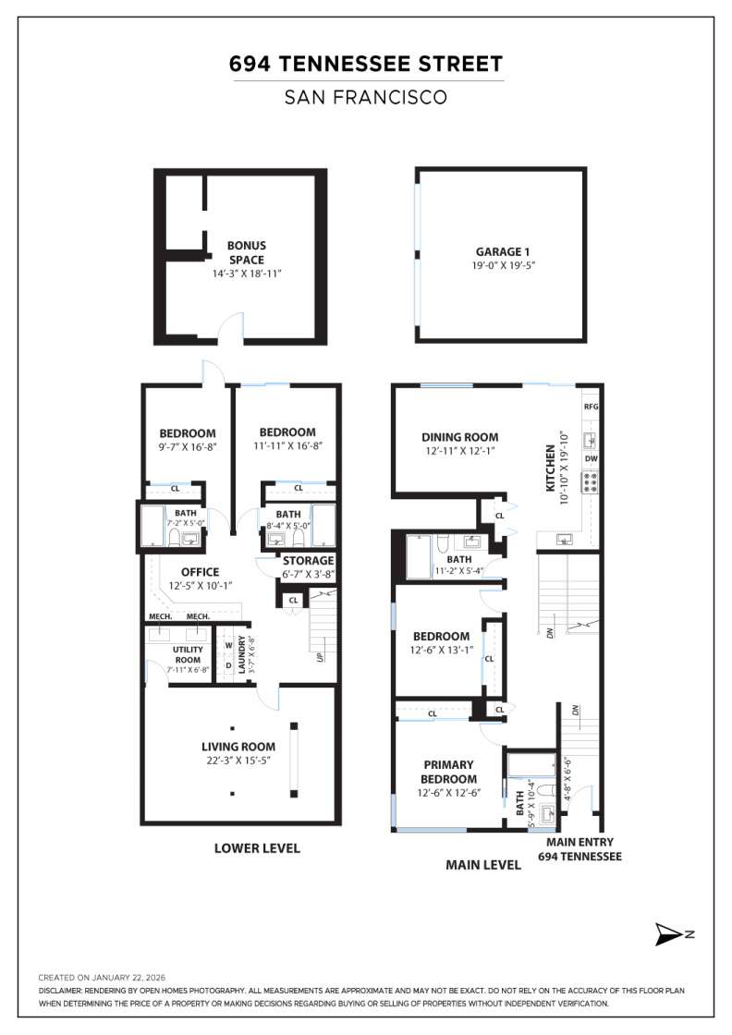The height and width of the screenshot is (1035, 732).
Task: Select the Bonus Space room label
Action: click(x=247, y=252)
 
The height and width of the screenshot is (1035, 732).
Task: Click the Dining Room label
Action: click(x=459, y=437)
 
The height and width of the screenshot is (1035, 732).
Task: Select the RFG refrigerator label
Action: click(x=592, y=407)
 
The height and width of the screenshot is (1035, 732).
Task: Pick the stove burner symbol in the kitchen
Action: click(x=591, y=481)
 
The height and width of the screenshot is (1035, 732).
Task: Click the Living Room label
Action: click(x=238, y=747)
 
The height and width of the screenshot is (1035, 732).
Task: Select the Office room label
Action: click(x=200, y=572)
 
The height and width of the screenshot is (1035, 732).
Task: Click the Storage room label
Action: click(x=308, y=560)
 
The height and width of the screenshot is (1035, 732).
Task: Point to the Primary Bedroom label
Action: click(x=448, y=772)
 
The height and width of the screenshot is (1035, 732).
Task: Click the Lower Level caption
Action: click(x=257, y=848)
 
